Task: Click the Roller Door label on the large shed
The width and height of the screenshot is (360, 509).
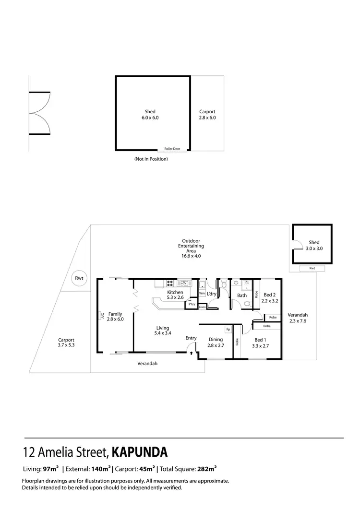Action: [172, 149]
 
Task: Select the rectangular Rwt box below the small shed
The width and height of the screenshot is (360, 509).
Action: [312, 268]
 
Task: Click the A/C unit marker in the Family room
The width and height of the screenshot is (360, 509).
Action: [102, 315]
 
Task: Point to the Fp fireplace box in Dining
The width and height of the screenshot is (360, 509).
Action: [228, 330]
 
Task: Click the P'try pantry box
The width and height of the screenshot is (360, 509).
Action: [192, 304]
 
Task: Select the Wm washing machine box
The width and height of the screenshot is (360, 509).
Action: [202, 293]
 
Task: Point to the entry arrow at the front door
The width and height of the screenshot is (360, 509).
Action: [192, 353]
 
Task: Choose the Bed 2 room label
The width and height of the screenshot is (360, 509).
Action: [270, 295]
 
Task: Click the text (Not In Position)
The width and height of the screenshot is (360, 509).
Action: [151, 159]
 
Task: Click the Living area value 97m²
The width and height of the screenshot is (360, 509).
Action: [50, 469]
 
